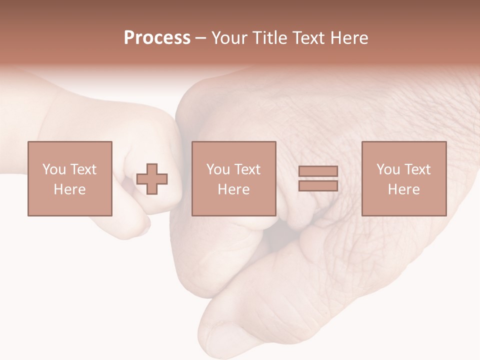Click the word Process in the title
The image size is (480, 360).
(157, 38)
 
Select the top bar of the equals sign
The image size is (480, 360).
(318, 171)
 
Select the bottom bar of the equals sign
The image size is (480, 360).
(318, 186)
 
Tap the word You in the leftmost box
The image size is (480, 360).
(53, 169)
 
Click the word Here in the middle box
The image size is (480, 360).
(233, 189)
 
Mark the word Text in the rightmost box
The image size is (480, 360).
(417, 169)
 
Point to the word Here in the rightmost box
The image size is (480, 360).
(403, 189)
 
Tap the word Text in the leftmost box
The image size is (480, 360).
(83, 169)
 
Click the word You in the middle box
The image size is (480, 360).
(217, 169)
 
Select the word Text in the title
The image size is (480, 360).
(308, 38)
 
